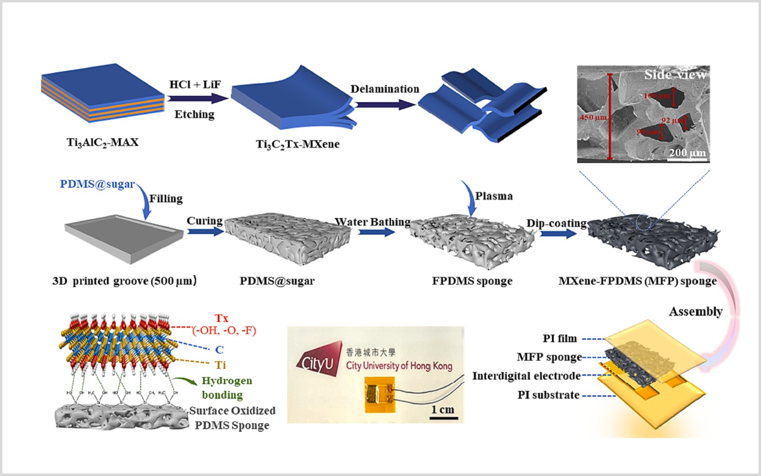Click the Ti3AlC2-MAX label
pos(103,142)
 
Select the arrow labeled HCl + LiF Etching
pos(197,99)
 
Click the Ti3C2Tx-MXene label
pos(298,144)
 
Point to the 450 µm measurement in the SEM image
pos(593,118)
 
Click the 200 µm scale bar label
pos(687,153)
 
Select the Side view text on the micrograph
pos(675,74)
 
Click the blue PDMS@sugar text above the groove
pos(97,184)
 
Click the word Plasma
pos(494,196)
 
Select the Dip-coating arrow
pos(558,234)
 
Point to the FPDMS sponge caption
pos(472,281)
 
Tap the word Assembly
pos(695,312)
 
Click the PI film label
pos(560,338)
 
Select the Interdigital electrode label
pos(526,376)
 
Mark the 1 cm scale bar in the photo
pos(443,417)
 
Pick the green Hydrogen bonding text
pos(226,388)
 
